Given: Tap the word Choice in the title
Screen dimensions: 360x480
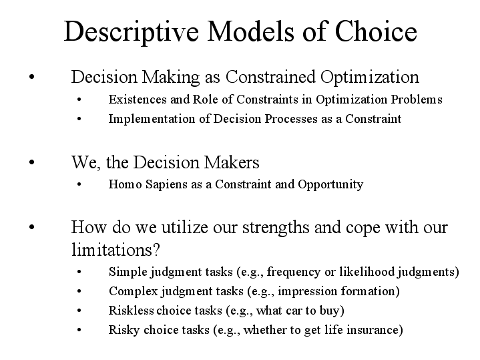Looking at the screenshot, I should [376, 32].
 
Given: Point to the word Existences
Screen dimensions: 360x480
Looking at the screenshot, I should [136, 100].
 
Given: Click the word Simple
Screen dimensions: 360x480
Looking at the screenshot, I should [125, 272].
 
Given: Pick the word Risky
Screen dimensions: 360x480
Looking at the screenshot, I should [123, 330].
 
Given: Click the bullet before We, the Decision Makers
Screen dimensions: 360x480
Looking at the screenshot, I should [32, 162].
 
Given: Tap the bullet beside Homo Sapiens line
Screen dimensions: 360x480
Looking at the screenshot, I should [79, 185].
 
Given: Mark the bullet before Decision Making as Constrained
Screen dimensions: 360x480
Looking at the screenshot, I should [32, 77].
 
